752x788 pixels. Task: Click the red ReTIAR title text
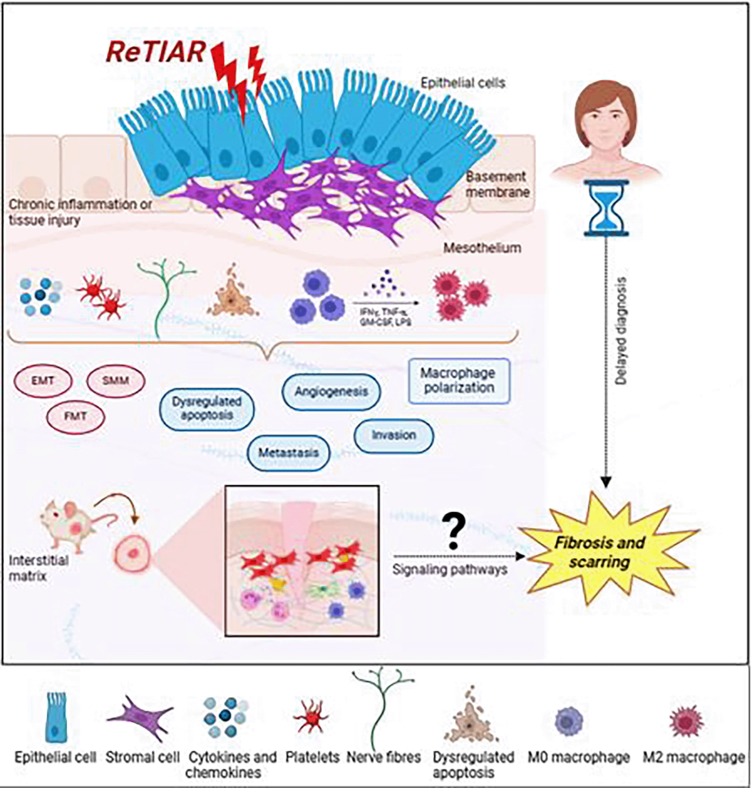(x=155, y=52)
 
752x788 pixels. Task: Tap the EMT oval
(x=42, y=380)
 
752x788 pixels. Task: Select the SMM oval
(x=116, y=380)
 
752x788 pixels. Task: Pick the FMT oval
(x=75, y=416)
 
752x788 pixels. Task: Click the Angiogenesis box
(x=331, y=391)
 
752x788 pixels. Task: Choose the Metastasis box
(x=288, y=453)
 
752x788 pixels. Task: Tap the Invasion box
(x=393, y=435)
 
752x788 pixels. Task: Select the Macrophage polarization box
(x=458, y=380)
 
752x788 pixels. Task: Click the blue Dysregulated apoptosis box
(x=206, y=408)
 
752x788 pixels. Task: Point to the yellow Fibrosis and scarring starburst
(x=600, y=552)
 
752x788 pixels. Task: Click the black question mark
(x=454, y=531)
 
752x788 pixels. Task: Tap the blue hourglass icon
(x=606, y=208)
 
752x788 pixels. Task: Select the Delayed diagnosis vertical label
(x=621, y=331)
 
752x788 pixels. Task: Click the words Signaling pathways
(x=450, y=570)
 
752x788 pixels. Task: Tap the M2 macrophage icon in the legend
(x=686, y=722)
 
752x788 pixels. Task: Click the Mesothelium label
(x=482, y=248)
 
